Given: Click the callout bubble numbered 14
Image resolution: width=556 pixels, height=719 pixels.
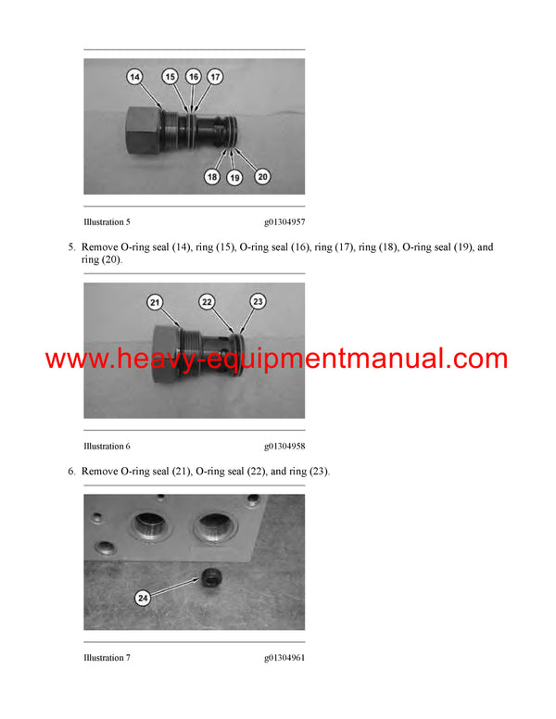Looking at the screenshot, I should [134, 79].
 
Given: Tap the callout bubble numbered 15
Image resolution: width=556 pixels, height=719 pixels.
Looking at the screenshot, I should [170, 78].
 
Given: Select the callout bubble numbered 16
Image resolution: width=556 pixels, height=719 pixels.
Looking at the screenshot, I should [193, 78].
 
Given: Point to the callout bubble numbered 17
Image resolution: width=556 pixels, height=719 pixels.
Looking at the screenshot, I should [215, 78].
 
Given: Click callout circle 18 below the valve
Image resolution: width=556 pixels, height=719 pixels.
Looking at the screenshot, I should [212, 176].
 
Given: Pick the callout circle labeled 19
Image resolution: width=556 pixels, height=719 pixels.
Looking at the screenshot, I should [234, 177].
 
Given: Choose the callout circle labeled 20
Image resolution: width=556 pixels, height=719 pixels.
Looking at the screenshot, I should [262, 176].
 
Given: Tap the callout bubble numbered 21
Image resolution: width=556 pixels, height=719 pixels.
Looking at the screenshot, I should [155, 302].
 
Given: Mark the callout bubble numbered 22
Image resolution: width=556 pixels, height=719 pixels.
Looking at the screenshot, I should [208, 302].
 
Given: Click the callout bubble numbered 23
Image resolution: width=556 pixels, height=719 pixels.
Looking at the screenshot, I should [258, 301].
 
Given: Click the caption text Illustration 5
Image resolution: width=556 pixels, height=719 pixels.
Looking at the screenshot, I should [107, 222].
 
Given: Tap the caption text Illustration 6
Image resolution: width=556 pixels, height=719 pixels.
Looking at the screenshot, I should [107, 447].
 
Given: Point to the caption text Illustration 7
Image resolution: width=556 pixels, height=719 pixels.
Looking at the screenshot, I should [107, 658].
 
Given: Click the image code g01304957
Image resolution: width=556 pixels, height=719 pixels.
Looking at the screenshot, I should [284, 222].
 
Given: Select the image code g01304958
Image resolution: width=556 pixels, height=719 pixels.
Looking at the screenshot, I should [284, 447].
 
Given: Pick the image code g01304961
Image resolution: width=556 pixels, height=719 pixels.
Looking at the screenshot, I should [284, 658].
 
